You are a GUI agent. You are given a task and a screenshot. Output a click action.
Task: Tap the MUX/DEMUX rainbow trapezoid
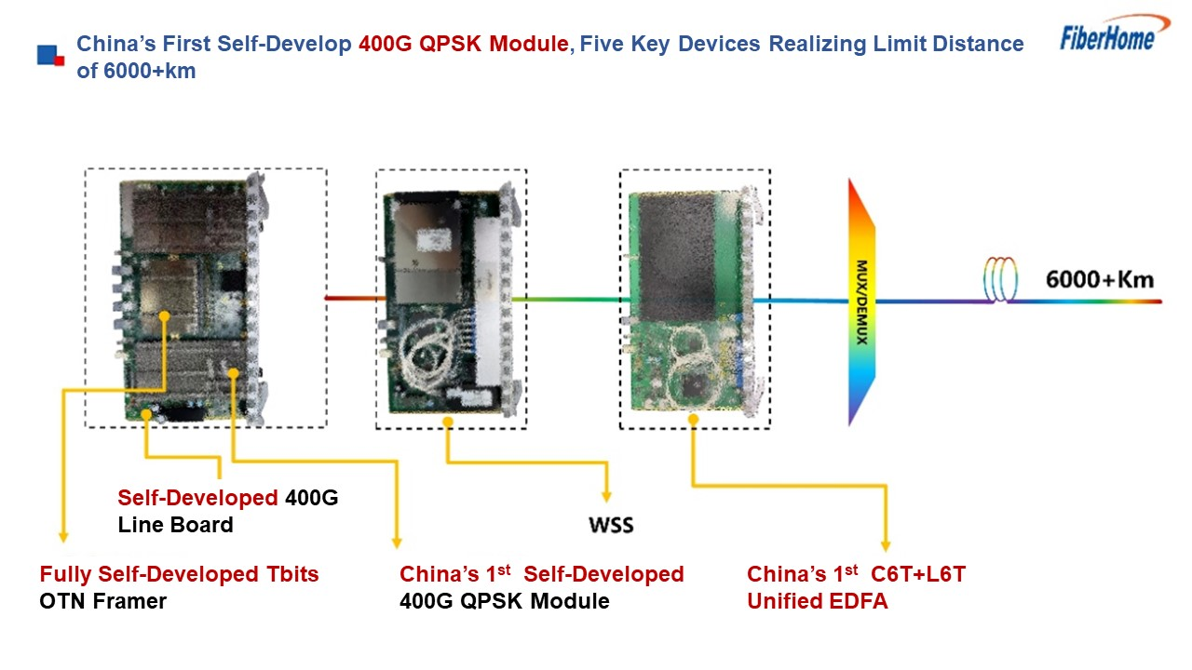point(861,302)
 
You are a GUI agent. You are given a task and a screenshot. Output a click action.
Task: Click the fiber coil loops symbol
point(1000,280)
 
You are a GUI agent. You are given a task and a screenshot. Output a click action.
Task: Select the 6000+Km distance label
point(1100,280)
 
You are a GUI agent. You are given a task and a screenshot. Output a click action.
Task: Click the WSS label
point(611,526)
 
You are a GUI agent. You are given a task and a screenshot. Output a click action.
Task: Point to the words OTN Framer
point(102,601)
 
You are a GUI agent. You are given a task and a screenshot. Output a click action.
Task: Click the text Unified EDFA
point(818,601)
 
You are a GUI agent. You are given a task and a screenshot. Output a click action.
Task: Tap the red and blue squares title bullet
point(50,55)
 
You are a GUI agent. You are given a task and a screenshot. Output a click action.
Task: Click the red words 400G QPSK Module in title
point(464,44)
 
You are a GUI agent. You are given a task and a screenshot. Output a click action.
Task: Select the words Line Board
point(176,525)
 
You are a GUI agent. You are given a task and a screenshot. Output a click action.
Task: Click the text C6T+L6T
point(918,574)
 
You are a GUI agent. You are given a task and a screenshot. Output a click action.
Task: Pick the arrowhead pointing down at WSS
point(606,497)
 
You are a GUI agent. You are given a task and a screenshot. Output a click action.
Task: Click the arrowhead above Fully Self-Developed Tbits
point(63,537)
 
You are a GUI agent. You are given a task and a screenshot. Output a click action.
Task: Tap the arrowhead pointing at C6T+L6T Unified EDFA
point(886,545)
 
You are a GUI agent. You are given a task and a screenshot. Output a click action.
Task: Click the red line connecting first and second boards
point(355,299)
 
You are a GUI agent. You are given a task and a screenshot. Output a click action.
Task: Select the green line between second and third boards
point(571,300)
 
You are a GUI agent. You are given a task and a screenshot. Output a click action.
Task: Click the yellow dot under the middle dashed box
point(448,422)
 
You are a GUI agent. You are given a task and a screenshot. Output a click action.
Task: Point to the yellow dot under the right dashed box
point(693,420)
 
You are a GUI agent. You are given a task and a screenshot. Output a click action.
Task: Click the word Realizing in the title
point(818,44)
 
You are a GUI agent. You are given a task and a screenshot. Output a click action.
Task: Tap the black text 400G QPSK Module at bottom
point(505,601)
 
